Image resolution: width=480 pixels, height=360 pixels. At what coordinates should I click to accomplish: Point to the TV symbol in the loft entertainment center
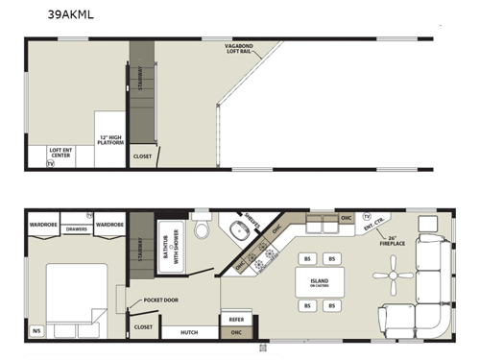click(51, 164)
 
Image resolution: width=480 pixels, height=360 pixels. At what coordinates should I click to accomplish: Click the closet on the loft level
click(141, 156)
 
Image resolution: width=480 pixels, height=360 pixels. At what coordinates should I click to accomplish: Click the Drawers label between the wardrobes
click(76, 229)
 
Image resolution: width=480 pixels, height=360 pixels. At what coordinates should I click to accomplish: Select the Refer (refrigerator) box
click(235, 319)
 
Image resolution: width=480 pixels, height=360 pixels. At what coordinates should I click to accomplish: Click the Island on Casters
click(318, 283)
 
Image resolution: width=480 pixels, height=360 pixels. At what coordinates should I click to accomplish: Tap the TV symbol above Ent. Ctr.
click(366, 216)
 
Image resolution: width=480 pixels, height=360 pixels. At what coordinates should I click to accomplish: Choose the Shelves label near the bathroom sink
click(253, 221)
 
